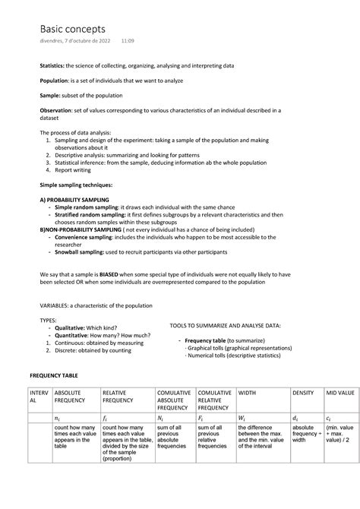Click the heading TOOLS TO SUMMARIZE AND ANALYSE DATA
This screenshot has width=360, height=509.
(x=225, y=325)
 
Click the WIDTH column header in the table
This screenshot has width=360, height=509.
(x=248, y=393)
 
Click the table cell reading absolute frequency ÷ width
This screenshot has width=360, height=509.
(x=307, y=433)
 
